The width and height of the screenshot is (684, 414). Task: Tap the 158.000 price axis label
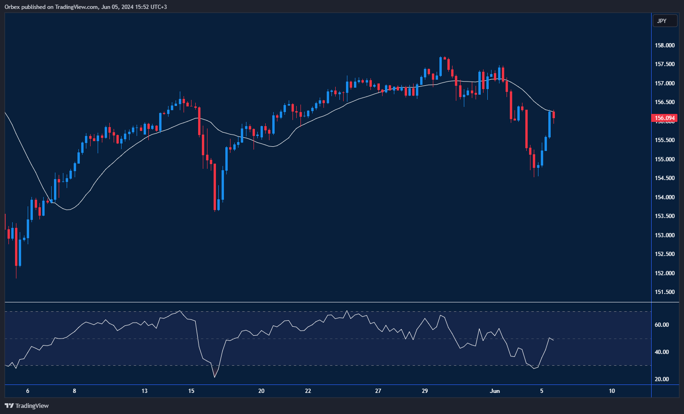coord(665,45)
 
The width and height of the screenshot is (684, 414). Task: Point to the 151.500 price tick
coord(665,292)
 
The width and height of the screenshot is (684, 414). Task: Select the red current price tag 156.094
coord(665,118)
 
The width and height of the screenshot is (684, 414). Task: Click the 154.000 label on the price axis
coord(665,197)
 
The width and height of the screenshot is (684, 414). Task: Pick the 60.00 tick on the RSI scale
coord(661,325)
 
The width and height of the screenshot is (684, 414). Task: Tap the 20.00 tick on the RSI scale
coord(661,379)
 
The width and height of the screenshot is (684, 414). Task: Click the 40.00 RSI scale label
coord(661,352)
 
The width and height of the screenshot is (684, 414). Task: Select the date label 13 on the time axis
coord(145,391)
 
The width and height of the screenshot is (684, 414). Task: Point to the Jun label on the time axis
coord(495,391)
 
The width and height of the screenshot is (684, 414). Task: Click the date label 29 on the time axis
coord(424,391)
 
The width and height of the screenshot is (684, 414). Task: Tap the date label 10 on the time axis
coord(612,391)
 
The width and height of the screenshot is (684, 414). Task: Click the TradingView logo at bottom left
coord(27,406)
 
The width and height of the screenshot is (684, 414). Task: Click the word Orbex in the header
coord(12,7)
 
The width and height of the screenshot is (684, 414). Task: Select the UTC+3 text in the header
coord(158,7)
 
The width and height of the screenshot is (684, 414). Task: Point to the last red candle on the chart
coord(554,115)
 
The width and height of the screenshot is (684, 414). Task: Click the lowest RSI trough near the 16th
coord(215,377)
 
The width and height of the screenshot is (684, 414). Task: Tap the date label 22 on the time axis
coord(308,391)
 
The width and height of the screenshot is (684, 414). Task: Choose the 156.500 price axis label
coord(665,102)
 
